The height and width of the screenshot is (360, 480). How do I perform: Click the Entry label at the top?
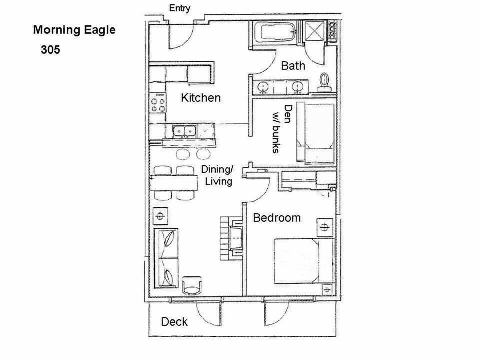(x=179, y=8)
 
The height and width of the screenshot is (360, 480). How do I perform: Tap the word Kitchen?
(x=200, y=97)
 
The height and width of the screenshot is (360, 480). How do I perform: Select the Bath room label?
(x=293, y=65)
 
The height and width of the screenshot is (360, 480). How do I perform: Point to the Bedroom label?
(x=277, y=218)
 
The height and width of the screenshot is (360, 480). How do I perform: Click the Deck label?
(x=174, y=321)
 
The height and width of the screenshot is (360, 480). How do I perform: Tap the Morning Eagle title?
(x=74, y=30)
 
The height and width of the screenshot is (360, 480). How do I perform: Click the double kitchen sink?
(x=184, y=131)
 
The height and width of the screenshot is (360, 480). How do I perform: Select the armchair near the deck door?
(x=193, y=286)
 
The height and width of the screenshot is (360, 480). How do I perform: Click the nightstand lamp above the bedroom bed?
(x=325, y=228)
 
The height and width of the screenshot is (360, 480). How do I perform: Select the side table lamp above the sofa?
(x=160, y=216)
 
